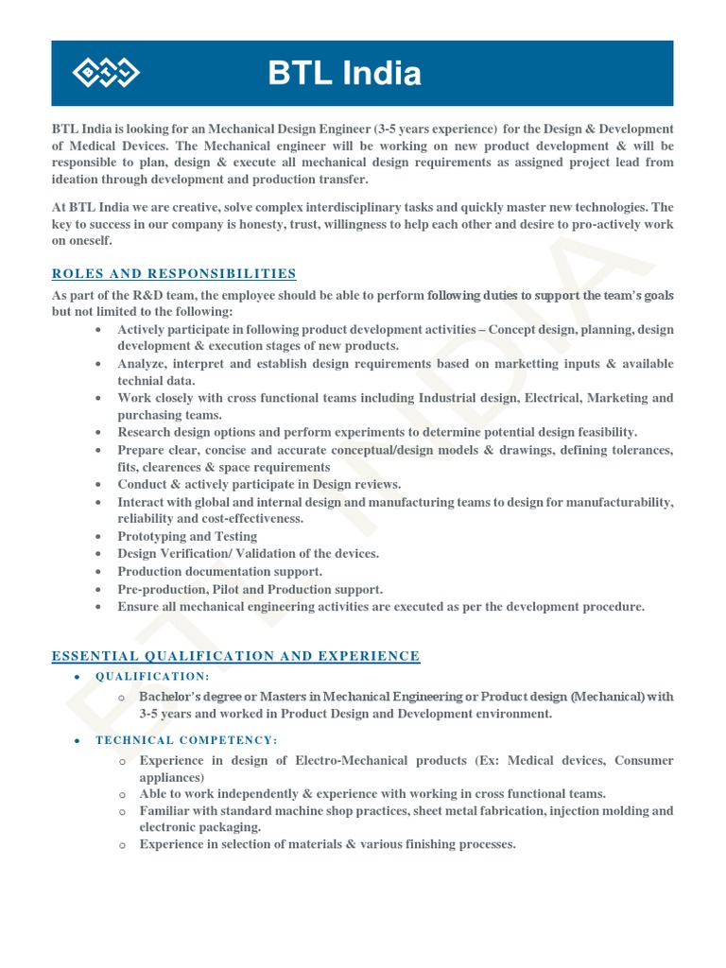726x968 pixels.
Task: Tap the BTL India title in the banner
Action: click(x=344, y=74)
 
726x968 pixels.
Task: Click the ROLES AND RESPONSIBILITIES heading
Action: click(x=174, y=274)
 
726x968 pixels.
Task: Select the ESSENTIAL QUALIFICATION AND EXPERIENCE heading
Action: click(x=235, y=656)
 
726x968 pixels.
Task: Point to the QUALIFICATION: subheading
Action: click(x=152, y=677)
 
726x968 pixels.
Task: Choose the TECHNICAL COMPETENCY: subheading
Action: click(x=186, y=740)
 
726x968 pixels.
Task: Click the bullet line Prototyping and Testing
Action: click(x=187, y=536)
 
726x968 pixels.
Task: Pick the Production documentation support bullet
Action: click(x=219, y=572)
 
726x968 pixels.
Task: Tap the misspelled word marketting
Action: click(x=512, y=364)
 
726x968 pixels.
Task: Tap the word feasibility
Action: click(x=602, y=432)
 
